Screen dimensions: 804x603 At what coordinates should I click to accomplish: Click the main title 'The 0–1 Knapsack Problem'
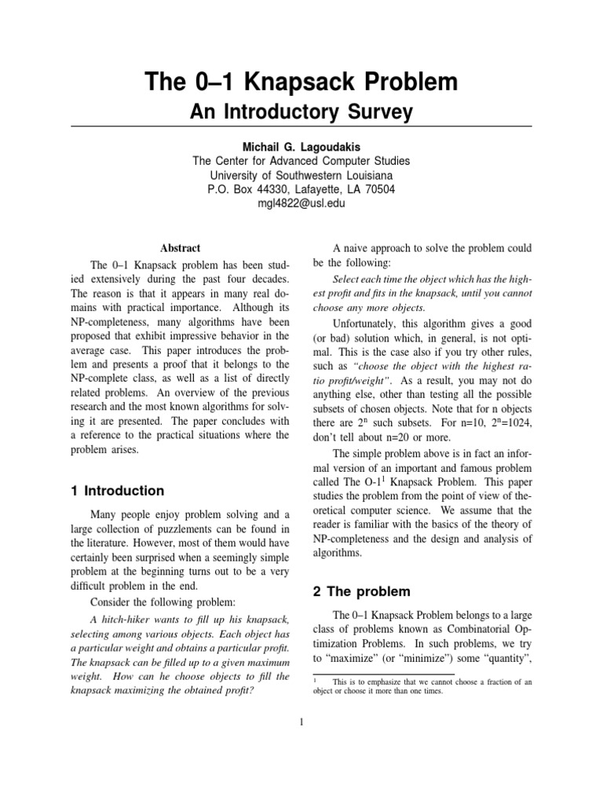(301, 82)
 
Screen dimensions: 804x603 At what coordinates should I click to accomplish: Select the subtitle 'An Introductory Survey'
(301, 112)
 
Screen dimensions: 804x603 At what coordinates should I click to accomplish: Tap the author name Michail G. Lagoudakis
(301, 148)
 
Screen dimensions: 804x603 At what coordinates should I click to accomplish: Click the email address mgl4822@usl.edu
(301, 203)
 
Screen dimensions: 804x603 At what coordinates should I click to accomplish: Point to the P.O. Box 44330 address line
(301, 189)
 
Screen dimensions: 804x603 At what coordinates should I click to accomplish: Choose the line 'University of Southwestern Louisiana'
(301, 175)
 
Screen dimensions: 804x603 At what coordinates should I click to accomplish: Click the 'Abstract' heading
(180, 247)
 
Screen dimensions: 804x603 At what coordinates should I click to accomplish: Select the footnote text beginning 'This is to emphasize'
(430, 682)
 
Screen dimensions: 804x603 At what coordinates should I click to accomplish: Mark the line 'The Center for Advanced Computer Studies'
(301, 161)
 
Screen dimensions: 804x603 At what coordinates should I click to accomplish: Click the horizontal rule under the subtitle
(301, 126)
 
